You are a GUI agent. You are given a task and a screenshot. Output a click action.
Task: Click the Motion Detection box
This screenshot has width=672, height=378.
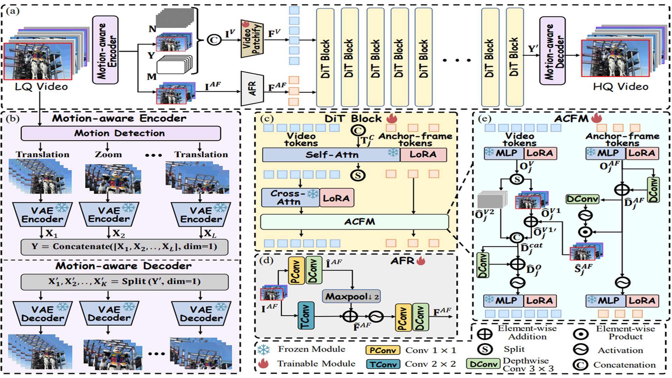coord(120,133)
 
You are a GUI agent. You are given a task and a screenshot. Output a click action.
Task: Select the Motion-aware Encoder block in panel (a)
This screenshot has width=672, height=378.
coord(105,50)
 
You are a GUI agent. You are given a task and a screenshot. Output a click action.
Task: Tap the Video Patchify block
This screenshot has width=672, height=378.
coord(252,39)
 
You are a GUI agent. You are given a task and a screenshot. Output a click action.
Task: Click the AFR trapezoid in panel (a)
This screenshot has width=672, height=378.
coord(252,89)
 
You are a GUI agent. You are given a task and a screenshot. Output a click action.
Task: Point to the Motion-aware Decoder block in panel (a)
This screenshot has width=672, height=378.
coord(552,51)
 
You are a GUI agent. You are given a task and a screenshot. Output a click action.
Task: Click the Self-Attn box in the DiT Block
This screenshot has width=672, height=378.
coord(331,155)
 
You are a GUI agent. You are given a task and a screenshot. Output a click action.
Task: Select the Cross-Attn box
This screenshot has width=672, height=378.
coord(290,198)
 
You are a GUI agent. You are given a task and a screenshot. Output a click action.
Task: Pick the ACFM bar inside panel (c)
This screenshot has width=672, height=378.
coord(354,222)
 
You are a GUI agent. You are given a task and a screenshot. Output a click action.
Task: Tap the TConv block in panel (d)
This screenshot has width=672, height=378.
coord(306,316)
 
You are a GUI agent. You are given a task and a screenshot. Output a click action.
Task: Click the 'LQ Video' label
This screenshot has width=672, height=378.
coord(41,87)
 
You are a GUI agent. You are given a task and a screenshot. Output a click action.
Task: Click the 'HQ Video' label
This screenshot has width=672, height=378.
coord(621,87)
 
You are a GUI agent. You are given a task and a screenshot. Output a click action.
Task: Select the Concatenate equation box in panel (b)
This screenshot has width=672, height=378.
coord(124,247)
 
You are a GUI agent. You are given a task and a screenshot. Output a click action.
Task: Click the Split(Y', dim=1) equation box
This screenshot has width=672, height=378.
coord(124,282)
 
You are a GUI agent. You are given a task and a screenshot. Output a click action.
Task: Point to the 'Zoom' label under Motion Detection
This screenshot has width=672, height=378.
coord(108,154)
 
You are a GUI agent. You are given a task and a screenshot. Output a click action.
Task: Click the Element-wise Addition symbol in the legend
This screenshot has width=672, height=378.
coord(485,334)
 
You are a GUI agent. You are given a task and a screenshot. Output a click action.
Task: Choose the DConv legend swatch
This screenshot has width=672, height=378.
coord(483,364)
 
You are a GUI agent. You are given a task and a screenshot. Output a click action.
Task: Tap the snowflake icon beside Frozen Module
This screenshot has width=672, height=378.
coord(264,350)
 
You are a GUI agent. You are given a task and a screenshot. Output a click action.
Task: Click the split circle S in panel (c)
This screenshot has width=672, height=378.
coord(358,175)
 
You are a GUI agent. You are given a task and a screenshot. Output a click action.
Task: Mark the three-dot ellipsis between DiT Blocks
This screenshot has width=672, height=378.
coord(456,61)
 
